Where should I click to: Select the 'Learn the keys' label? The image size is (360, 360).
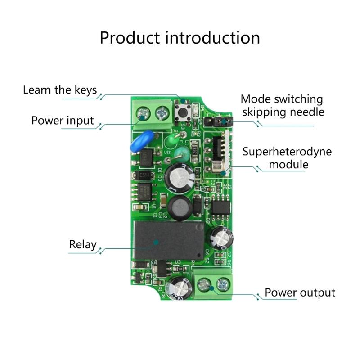(x=60, y=90)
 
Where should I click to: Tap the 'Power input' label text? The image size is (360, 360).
(x=63, y=121)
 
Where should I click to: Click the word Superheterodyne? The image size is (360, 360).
(x=287, y=151)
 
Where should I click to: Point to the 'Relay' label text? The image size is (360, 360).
(x=83, y=245)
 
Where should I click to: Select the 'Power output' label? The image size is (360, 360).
(x=300, y=292)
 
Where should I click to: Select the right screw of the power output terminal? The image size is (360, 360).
(x=221, y=284)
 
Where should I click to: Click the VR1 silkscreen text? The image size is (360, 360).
(x=168, y=153)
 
